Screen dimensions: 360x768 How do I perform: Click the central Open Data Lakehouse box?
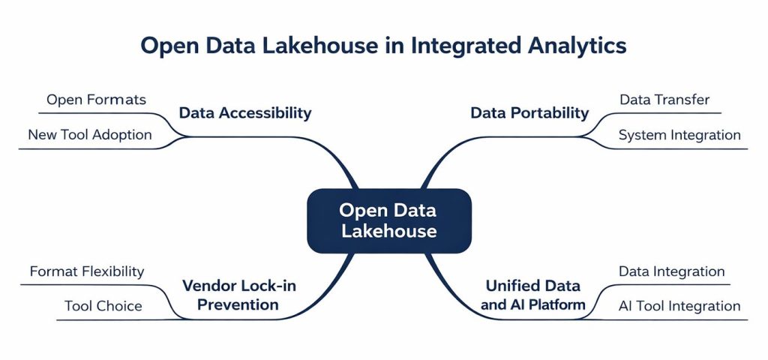click(388, 220)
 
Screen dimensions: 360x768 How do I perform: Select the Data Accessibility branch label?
click(244, 113)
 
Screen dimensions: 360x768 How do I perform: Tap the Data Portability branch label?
click(529, 113)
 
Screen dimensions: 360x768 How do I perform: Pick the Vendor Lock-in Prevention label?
click(230, 295)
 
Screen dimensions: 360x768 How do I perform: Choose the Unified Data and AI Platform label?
click(532, 295)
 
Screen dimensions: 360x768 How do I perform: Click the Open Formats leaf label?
click(96, 100)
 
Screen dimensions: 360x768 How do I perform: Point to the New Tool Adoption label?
click(89, 135)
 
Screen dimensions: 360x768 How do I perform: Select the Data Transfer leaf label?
click(664, 100)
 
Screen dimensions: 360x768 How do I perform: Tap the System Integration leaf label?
click(679, 135)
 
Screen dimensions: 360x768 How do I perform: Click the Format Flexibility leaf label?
click(87, 271)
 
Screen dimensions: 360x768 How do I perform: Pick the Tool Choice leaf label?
click(103, 306)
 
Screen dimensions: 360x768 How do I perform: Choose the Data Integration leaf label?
click(671, 271)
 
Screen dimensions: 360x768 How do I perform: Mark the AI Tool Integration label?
click(679, 306)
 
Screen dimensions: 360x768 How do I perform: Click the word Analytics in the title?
click(565, 46)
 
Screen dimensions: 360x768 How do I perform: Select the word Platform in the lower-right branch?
click(556, 304)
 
